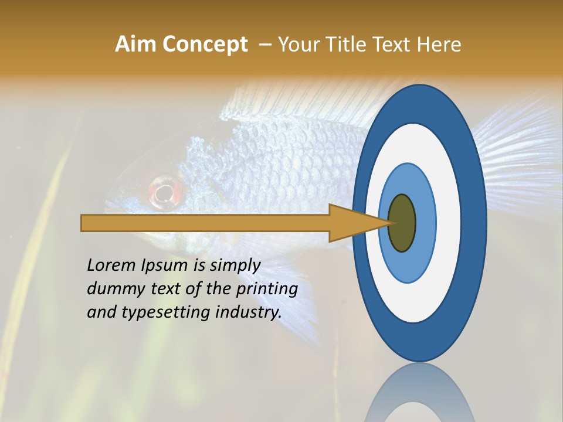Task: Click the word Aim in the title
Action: point(135,45)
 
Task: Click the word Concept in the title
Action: point(205,45)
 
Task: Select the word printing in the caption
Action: point(266,288)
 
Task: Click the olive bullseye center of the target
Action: point(402,223)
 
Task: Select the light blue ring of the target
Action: point(425,223)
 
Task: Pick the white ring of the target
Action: point(448,223)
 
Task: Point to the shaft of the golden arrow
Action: point(205,223)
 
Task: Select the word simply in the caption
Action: point(235,265)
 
